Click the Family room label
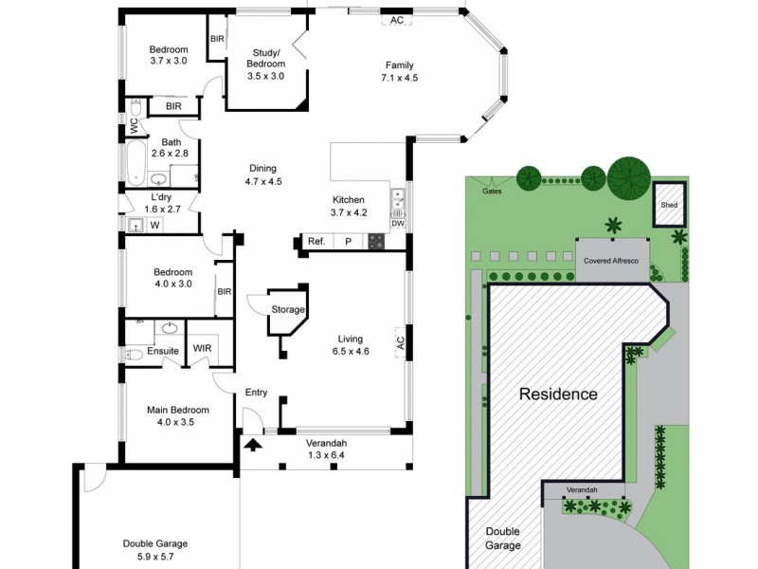[398, 64]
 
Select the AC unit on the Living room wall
[400, 342]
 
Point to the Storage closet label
[288, 310]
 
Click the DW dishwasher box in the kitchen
[398, 224]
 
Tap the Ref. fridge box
[316, 242]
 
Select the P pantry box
[348, 242]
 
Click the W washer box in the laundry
[154, 225]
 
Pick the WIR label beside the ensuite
[202, 348]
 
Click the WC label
[135, 123]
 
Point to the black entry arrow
[253, 442]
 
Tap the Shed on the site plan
[670, 203]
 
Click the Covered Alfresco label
[612, 259]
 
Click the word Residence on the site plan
[558, 394]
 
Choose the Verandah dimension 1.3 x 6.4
[327, 455]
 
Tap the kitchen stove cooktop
[376, 242]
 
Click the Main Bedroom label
[177, 411]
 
